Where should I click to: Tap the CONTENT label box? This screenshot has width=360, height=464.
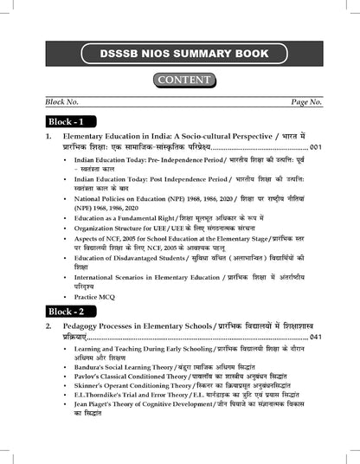181,81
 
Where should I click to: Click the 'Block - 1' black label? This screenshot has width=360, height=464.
70,122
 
